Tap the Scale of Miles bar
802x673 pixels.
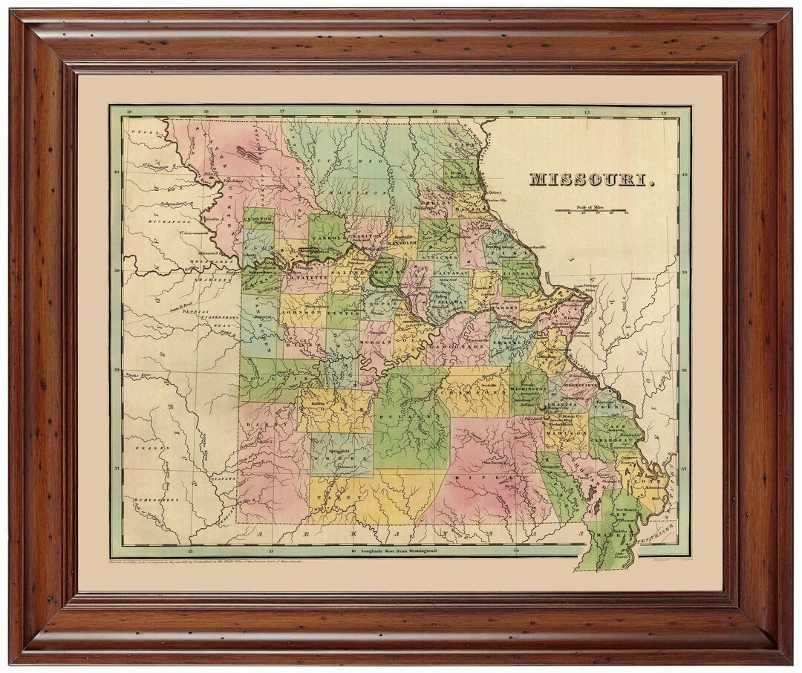tap(592, 210)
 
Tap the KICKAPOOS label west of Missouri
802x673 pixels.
tap(169, 221)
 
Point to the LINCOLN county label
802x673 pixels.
tap(518, 273)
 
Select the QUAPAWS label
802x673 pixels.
tap(221, 479)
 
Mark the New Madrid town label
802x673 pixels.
tap(625, 513)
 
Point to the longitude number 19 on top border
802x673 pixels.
tap(130, 113)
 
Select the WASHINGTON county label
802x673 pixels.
tap(529, 386)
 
